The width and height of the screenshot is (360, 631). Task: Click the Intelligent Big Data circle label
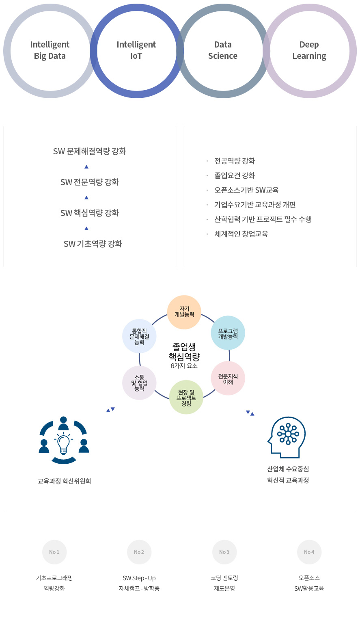50,50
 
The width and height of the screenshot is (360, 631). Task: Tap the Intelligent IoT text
136,50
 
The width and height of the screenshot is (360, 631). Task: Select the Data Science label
223,50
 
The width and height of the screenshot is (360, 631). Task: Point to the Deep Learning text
309,50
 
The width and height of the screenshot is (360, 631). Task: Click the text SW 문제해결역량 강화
90,151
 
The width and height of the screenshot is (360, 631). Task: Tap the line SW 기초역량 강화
93,244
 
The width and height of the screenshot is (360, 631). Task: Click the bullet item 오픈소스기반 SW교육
246,190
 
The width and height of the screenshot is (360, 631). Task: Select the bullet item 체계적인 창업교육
241,234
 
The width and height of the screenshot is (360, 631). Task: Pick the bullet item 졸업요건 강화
235,175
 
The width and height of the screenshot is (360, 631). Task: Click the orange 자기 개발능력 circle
184,312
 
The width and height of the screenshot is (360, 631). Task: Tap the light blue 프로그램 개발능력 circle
228,333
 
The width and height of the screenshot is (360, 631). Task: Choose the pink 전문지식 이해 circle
228,378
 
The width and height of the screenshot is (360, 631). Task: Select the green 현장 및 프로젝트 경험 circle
186,397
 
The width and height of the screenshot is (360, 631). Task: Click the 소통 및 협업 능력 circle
139,383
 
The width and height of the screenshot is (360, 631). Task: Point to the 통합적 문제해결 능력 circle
139,336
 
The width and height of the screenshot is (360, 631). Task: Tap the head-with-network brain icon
287,437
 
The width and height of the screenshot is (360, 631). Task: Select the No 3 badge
224,552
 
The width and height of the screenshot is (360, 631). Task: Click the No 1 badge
54,552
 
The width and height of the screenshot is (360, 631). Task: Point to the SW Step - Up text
139,578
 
